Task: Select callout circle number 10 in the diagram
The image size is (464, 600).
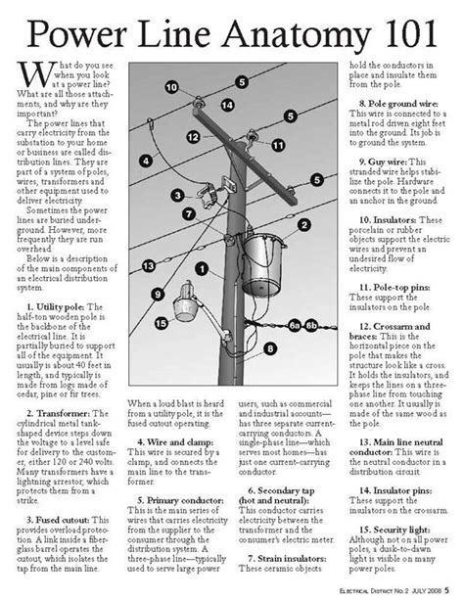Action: coord(172,87)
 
